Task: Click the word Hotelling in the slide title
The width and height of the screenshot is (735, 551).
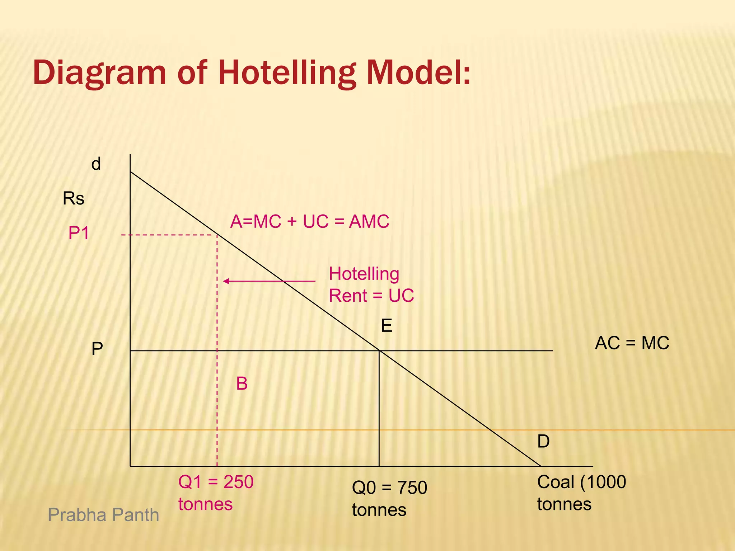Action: pyautogui.click(x=287, y=73)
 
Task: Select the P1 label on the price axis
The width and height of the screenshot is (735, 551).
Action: pyautogui.click(x=79, y=233)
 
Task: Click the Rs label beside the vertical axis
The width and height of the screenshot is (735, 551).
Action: pyautogui.click(x=74, y=198)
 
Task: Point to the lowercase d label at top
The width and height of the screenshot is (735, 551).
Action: pyautogui.click(x=96, y=164)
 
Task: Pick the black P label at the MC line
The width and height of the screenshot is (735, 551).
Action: pyautogui.click(x=97, y=349)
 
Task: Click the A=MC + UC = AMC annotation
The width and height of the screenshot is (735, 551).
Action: pyautogui.click(x=310, y=221)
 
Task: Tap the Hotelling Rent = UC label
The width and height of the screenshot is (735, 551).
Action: pyautogui.click(x=371, y=285)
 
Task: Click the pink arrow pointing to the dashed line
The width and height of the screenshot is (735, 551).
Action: pyautogui.click(x=269, y=281)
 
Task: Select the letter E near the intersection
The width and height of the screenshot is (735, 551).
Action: pyautogui.click(x=387, y=326)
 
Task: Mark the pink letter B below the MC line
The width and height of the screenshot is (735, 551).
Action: pyautogui.click(x=242, y=384)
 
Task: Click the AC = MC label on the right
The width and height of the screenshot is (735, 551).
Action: pyautogui.click(x=632, y=343)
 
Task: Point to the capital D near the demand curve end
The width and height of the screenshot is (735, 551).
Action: pyautogui.click(x=543, y=441)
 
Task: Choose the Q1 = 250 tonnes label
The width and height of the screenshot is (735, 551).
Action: pyautogui.click(x=216, y=493)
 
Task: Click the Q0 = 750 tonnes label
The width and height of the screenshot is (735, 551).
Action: pyautogui.click(x=389, y=499)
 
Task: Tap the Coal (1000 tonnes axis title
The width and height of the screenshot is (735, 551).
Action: pyautogui.click(x=581, y=493)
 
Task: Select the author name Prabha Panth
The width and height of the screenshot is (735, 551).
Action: pyautogui.click(x=103, y=515)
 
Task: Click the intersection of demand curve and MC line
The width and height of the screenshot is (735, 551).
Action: pyautogui.click(x=379, y=350)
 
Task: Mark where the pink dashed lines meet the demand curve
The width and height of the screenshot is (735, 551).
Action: pyautogui.click(x=217, y=235)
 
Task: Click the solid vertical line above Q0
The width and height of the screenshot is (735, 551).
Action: pyautogui.click(x=379, y=409)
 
